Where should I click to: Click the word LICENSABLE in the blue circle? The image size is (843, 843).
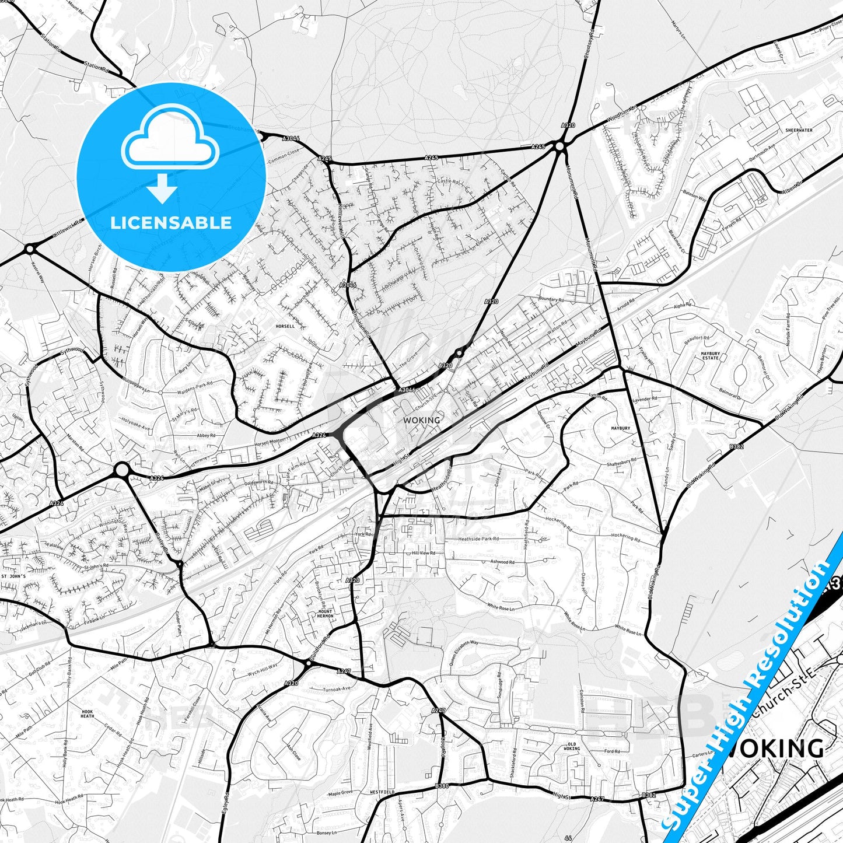[171, 223]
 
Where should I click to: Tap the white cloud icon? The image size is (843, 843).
[170, 140]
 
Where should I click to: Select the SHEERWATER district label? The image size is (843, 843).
[798, 131]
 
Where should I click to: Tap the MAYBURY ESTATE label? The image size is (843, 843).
[710, 356]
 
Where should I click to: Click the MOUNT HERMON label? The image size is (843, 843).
[325, 613]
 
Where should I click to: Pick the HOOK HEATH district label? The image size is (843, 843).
[87, 713]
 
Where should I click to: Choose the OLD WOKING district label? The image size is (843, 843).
[572, 746]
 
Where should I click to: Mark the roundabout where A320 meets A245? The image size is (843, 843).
[561, 146]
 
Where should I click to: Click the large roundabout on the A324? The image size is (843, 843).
[121, 470]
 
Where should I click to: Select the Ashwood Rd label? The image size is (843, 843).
[502, 562]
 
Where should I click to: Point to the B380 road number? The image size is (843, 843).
[442, 786]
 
